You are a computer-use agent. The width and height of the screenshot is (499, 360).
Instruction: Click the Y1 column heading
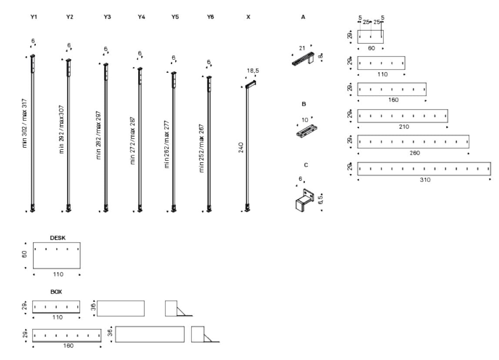point(34,17)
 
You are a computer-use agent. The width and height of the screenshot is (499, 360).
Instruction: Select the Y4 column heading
point(141,17)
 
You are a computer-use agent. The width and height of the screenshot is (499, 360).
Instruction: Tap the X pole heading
point(248,17)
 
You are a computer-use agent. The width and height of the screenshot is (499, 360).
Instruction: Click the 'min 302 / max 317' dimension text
point(25,122)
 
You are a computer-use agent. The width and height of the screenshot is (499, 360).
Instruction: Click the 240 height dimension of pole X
point(241,147)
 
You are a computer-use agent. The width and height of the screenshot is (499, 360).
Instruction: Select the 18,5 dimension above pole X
point(253,70)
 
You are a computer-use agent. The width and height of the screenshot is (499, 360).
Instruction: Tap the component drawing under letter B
point(307,131)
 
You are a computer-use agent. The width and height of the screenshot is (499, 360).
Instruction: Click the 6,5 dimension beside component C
point(320,199)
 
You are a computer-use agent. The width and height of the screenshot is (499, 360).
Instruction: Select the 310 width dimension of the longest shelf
point(425,180)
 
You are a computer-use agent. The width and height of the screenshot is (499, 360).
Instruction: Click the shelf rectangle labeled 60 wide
point(370,37)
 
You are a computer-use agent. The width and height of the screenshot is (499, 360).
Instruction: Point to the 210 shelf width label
point(403,127)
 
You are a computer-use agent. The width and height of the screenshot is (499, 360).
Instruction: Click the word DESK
point(58,238)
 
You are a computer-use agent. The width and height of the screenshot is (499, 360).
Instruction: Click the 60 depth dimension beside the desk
point(25,256)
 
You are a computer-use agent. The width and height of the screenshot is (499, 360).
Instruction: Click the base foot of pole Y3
point(106,208)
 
